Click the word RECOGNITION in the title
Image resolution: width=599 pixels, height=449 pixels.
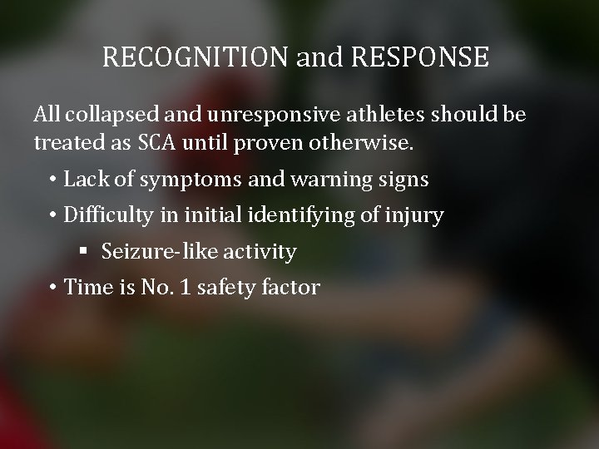(x=196, y=57)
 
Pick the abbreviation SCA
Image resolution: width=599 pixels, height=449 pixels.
(x=156, y=143)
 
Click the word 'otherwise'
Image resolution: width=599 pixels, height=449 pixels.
(x=364, y=143)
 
